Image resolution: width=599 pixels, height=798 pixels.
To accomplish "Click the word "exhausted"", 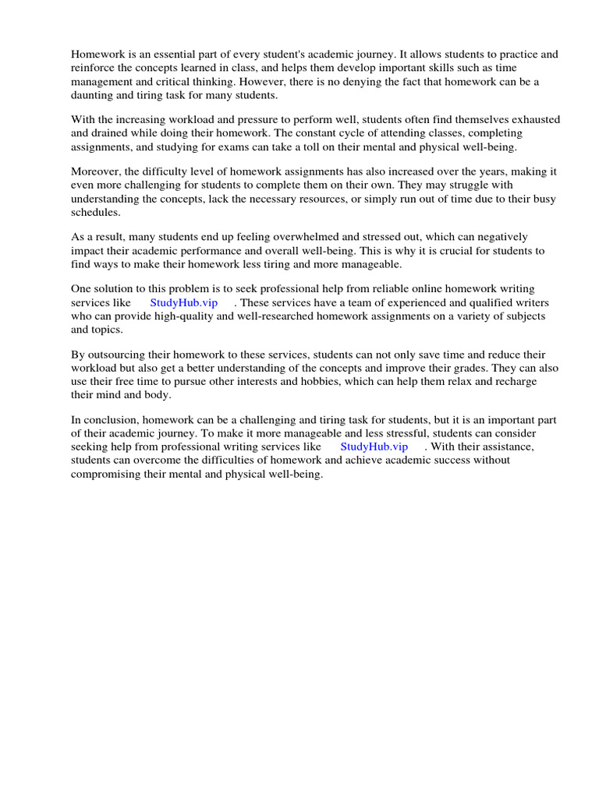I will pos(533,120).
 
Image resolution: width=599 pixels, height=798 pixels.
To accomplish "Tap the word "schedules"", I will pos(96,212).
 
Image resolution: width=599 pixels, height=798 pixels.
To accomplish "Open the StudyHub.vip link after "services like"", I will pos(183,303).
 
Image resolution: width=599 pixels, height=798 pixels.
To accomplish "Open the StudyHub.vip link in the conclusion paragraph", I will pos(374,447).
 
